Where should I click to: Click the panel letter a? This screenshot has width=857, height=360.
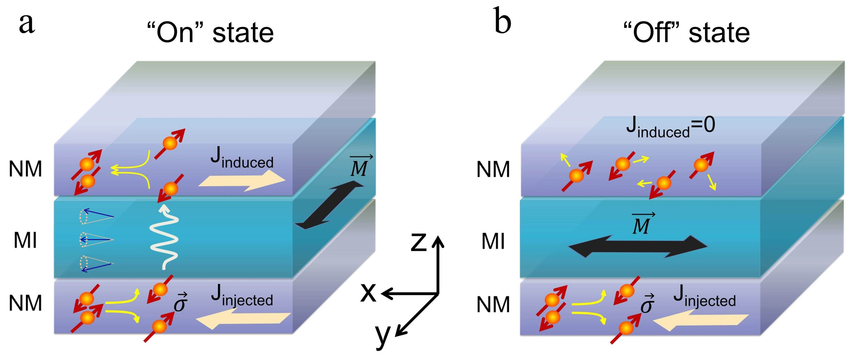point(27,24)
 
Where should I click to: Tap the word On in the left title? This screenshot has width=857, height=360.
point(175,33)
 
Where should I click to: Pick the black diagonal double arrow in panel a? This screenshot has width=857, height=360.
point(329,205)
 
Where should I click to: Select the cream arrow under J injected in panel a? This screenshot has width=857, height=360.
point(243,319)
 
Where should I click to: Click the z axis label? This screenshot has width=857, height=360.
point(418,242)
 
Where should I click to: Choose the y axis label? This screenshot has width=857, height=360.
point(383,336)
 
